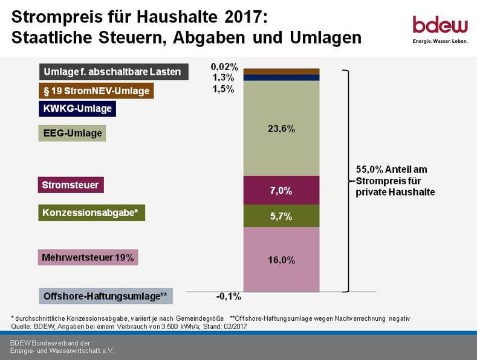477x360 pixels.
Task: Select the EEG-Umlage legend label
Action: coord(73,133)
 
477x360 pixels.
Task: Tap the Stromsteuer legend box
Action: coord(71,184)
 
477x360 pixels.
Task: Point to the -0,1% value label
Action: coord(229,297)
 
